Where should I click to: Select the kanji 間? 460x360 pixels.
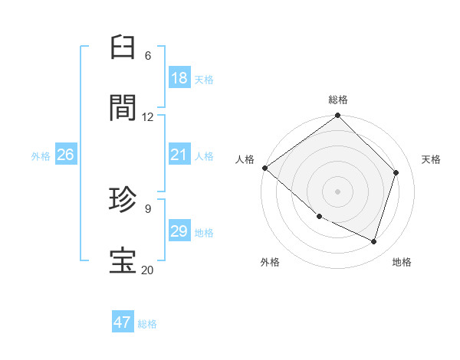pyautogui.click(x=123, y=108)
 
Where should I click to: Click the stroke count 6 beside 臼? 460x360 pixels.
pyautogui.click(x=147, y=56)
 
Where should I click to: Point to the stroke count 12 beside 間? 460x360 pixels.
pyautogui.click(x=147, y=117)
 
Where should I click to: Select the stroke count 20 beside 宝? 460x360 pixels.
pyautogui.click(x=147, y=270)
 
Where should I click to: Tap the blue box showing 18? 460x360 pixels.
pyautogui.click(x=179, y=78)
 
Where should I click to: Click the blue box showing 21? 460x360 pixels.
pyautogui.click(x=179, y=155)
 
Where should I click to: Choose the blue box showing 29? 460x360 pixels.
pyautogui.click(x=179, y=231)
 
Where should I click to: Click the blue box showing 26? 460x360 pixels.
pyautogui.click(x=65, y=155)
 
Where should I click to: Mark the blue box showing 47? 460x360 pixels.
pyautogui.click(x=123, y=322)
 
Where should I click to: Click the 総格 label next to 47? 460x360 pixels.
pyautogui.click(x=147, y=324)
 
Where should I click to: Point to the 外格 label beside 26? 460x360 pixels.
pyautogui.click(x=41, y=156)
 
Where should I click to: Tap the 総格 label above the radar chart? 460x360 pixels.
pyautogui.click(x=338, y=100)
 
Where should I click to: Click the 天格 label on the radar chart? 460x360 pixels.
pyautogui.click(x=431, y=159)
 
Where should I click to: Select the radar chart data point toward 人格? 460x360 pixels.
pyautogui.click(x=264, y=168)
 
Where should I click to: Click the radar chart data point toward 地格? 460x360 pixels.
pyautogui.click(x=374, y=241)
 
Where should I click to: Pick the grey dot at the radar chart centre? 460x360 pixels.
pyautogui.click(x=338, y=191)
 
